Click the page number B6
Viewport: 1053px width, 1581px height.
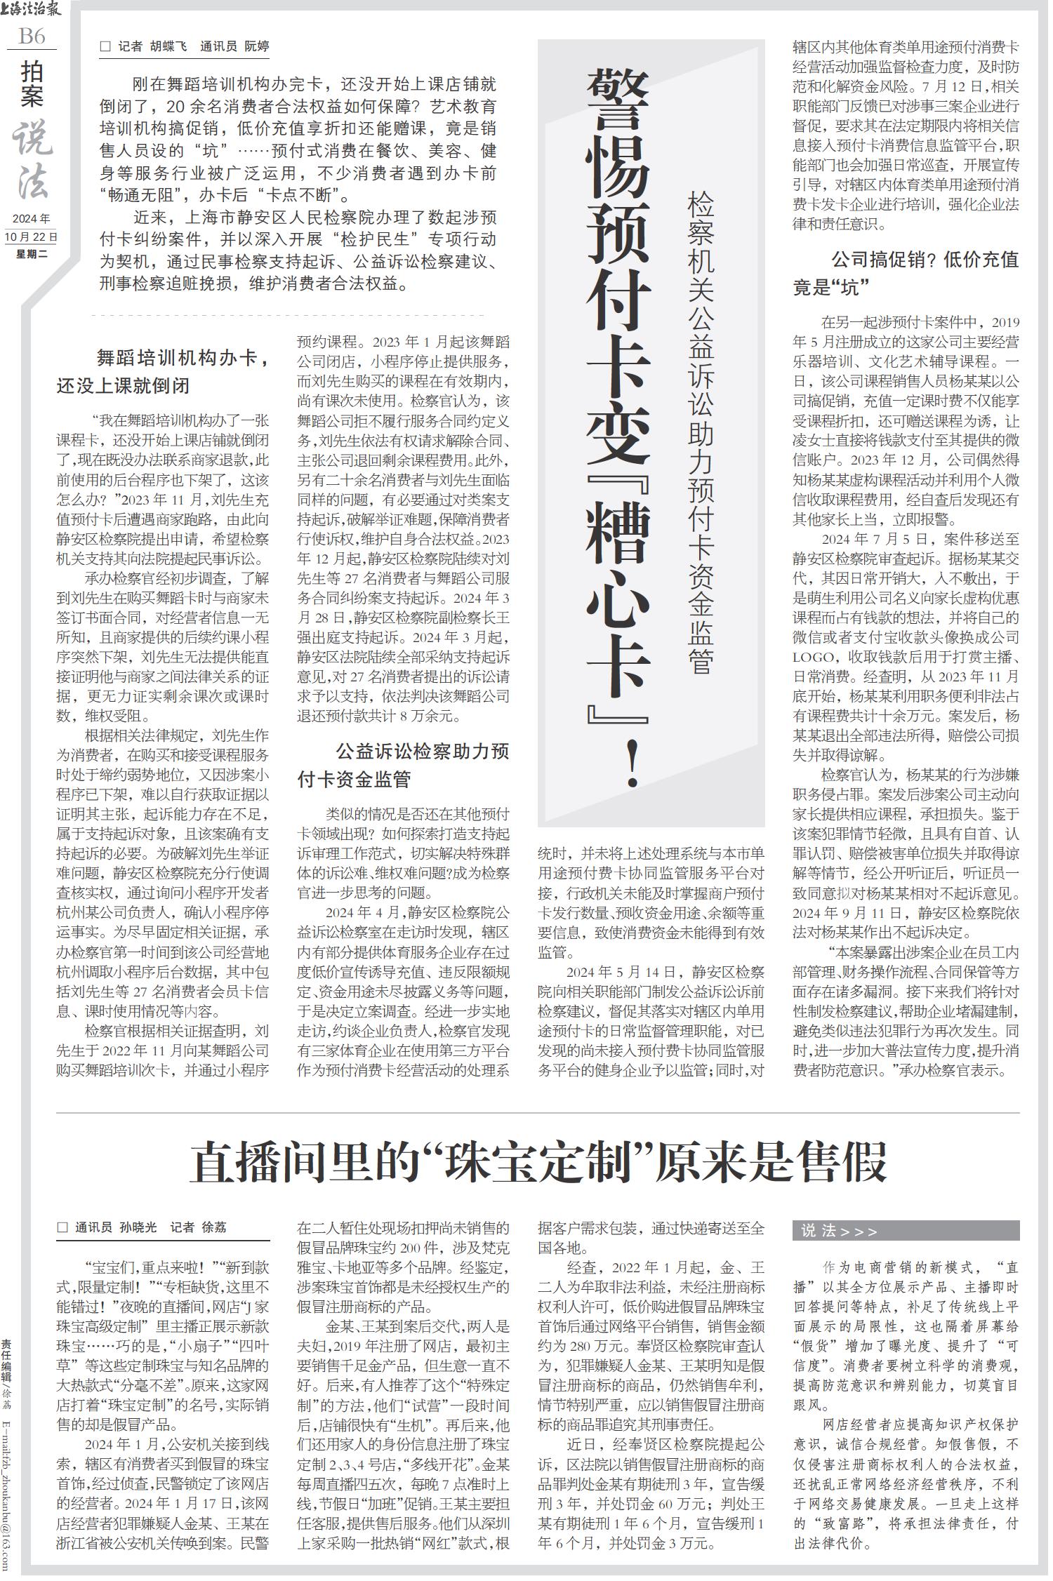tap(32, 36)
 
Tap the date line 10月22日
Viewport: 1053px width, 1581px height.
tap(32, 237)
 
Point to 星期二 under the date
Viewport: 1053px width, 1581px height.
tap(32, 254)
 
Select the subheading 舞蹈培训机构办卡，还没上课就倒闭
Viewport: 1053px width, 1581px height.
tap(163, 373)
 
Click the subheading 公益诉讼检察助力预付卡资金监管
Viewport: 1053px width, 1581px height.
tap(404, 766)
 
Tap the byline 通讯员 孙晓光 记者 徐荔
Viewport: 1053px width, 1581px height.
tap(151, 1228)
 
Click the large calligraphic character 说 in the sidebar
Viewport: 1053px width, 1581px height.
tap(32, 138)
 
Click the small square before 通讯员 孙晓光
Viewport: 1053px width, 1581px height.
tap(63, 1228)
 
